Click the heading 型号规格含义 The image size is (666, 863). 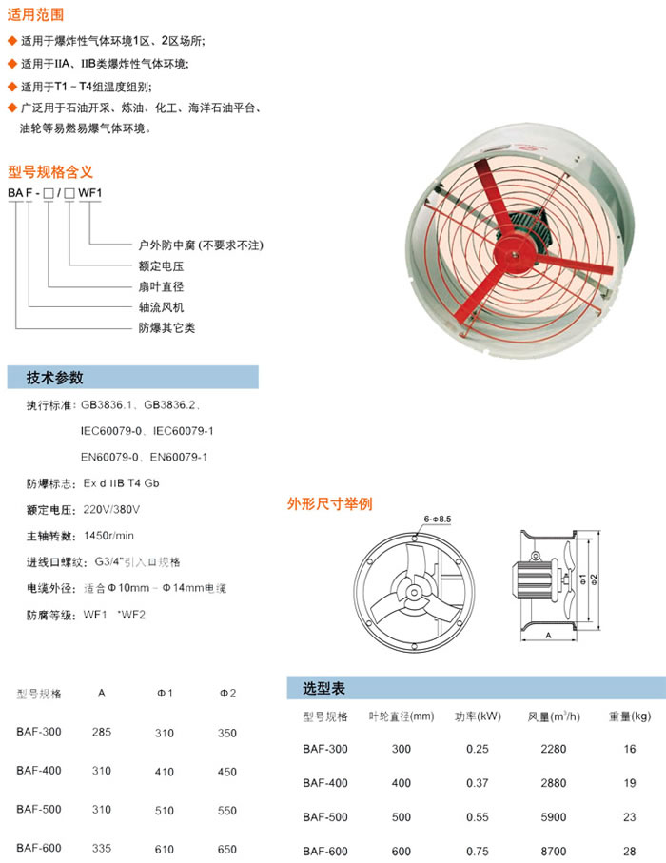pyautogui.click(x=49, y=171)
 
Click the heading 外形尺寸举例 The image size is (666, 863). pyautogui.click(x=329, y=502)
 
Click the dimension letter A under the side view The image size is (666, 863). pyautogui.click(x=551, y=633)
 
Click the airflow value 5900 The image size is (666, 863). pyautogui.click(x=553, y=816)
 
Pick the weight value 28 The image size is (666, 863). pyautogui.click(x=629, y=851)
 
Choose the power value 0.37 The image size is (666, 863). pyautogui.click(x=477, y=782)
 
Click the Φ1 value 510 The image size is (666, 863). pyautogui.click(x=164, y=810)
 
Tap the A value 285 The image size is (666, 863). pyautogui.click(x=101, y=733)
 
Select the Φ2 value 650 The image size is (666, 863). pyautogui.click(x=226, y=848)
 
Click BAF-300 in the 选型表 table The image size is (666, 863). pyautogui.click(x=325, y=749)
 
